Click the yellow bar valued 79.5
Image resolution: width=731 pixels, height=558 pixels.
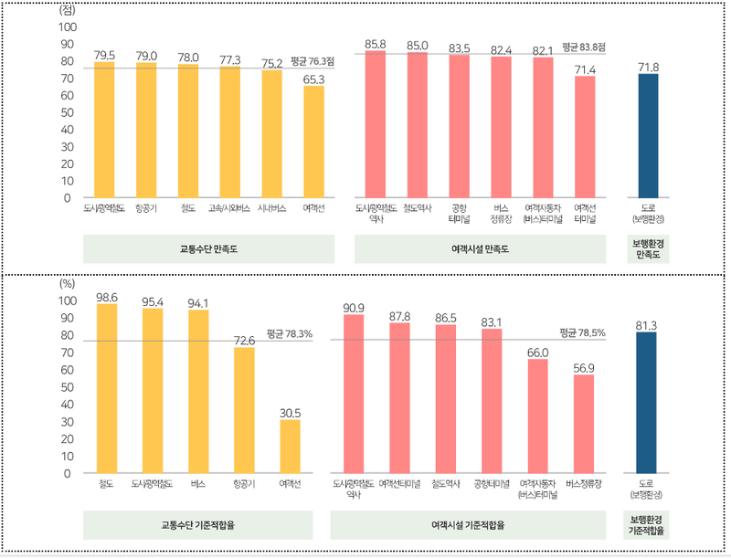tap(105, 130)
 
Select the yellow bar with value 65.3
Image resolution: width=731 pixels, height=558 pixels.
tap(313, 142)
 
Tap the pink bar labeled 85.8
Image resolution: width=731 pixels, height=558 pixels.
tap(375, 124)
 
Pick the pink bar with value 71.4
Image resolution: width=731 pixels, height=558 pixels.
tap(585, 137)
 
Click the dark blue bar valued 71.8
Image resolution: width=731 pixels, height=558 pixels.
tap(648, 136)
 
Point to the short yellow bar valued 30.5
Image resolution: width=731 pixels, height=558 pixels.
tap(290, 447)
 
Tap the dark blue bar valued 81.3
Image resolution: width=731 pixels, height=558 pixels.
tap(648, 403)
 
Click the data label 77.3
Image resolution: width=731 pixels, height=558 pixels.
tap(230, 59)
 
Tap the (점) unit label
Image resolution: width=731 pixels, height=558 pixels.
tap(67, 10)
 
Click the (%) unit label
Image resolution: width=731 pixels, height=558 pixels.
tap(67, 282)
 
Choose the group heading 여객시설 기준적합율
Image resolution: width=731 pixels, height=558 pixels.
tap(467, 525)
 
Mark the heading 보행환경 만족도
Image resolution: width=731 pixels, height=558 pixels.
tap(648, 248)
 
